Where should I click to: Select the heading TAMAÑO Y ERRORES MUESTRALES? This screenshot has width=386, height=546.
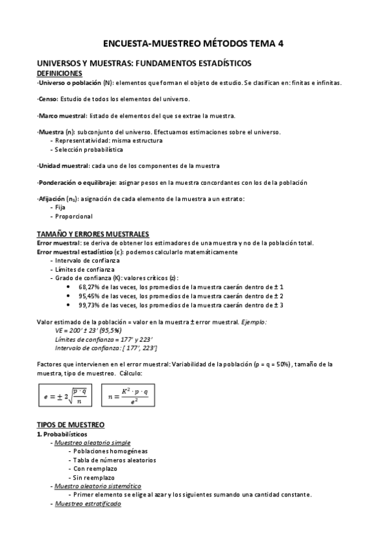point(93,234)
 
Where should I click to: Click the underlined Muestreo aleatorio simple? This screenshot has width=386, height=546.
point(93,443)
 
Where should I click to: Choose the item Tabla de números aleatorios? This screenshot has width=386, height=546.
point(114,460)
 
